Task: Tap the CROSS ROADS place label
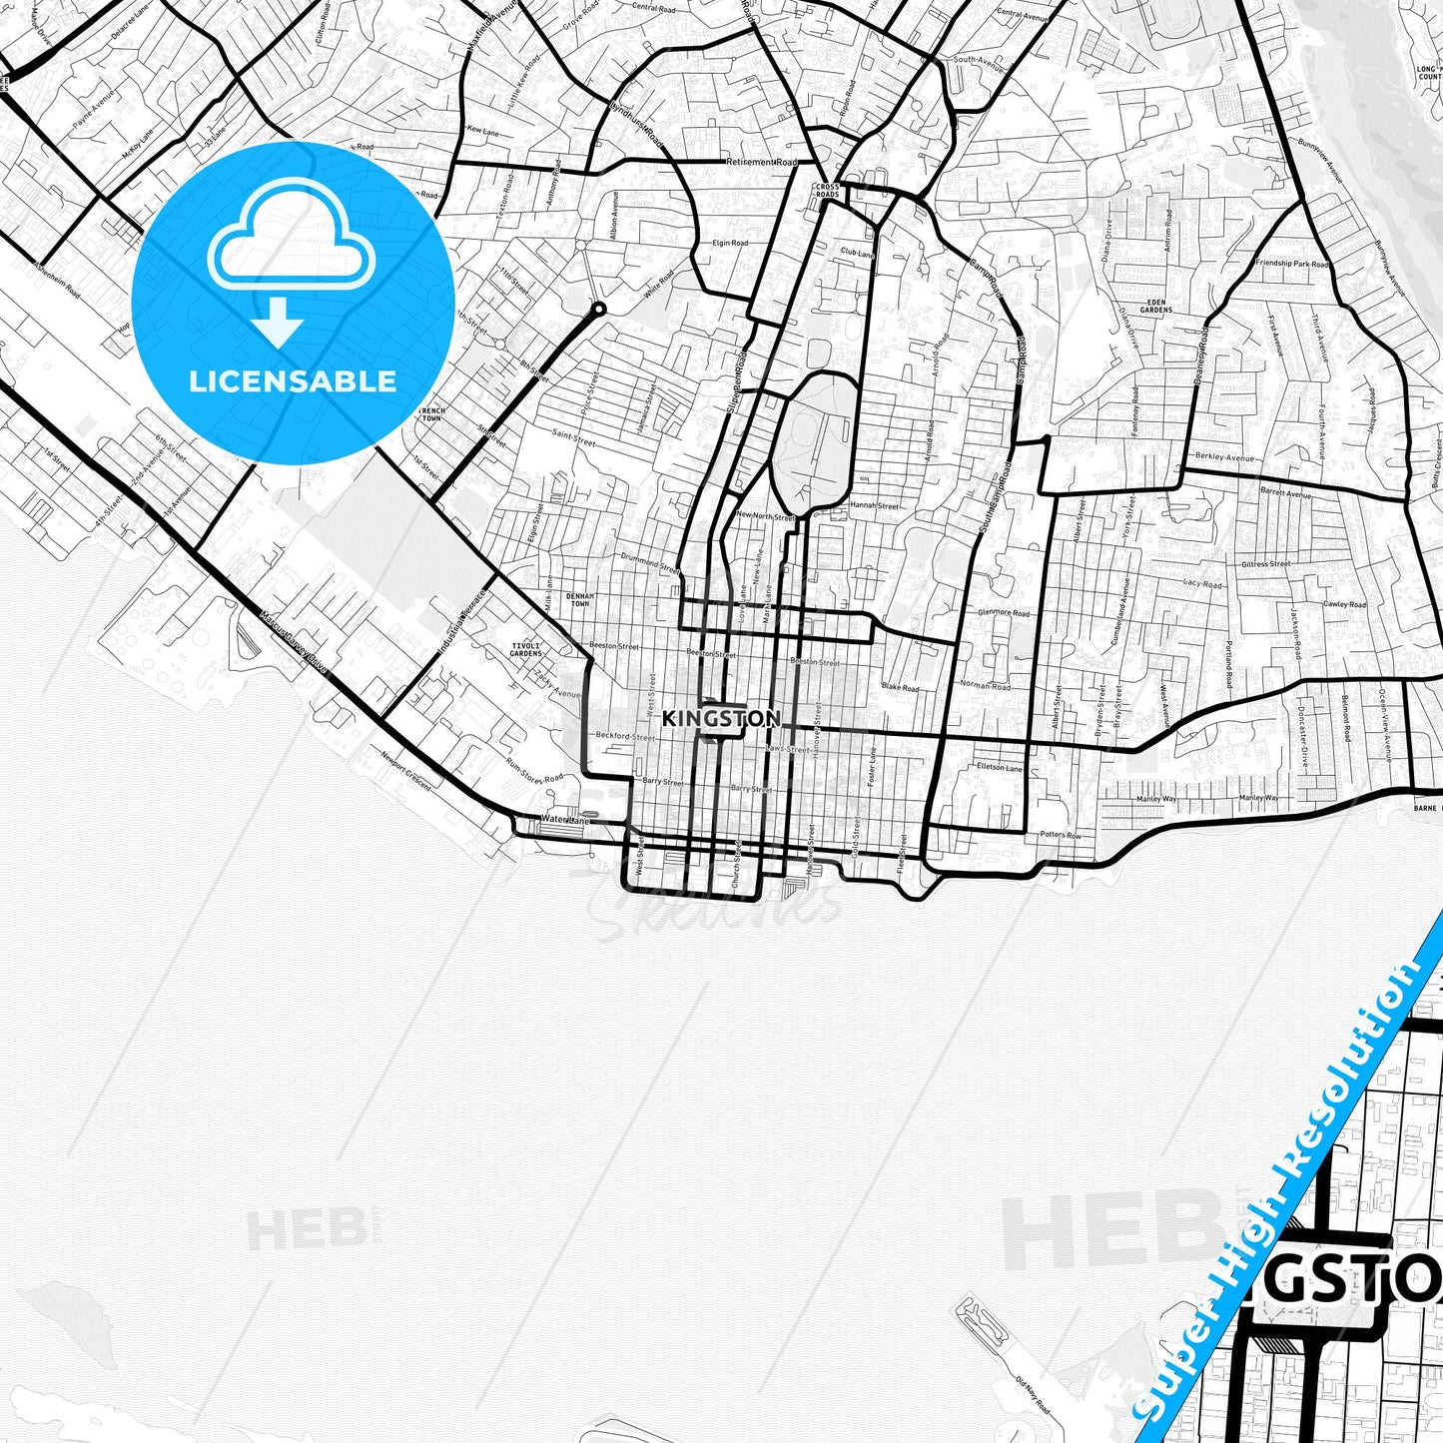tap(828, 190)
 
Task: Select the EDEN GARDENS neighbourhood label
tap(1158, 307)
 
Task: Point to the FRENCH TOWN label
tap(432, 413)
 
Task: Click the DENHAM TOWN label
tap(579, 600)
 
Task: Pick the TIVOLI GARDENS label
tap(525, 649)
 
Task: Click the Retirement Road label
tap(763, 162)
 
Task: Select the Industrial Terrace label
tap(460, 622)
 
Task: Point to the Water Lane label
tap(559, 820)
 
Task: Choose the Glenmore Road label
tap(1004, 612)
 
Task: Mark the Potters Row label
tap(1060, 834)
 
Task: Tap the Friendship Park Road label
tap(1292, 264)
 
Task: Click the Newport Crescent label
tap(406, 770)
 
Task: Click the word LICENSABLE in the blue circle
tap(293, 380)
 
